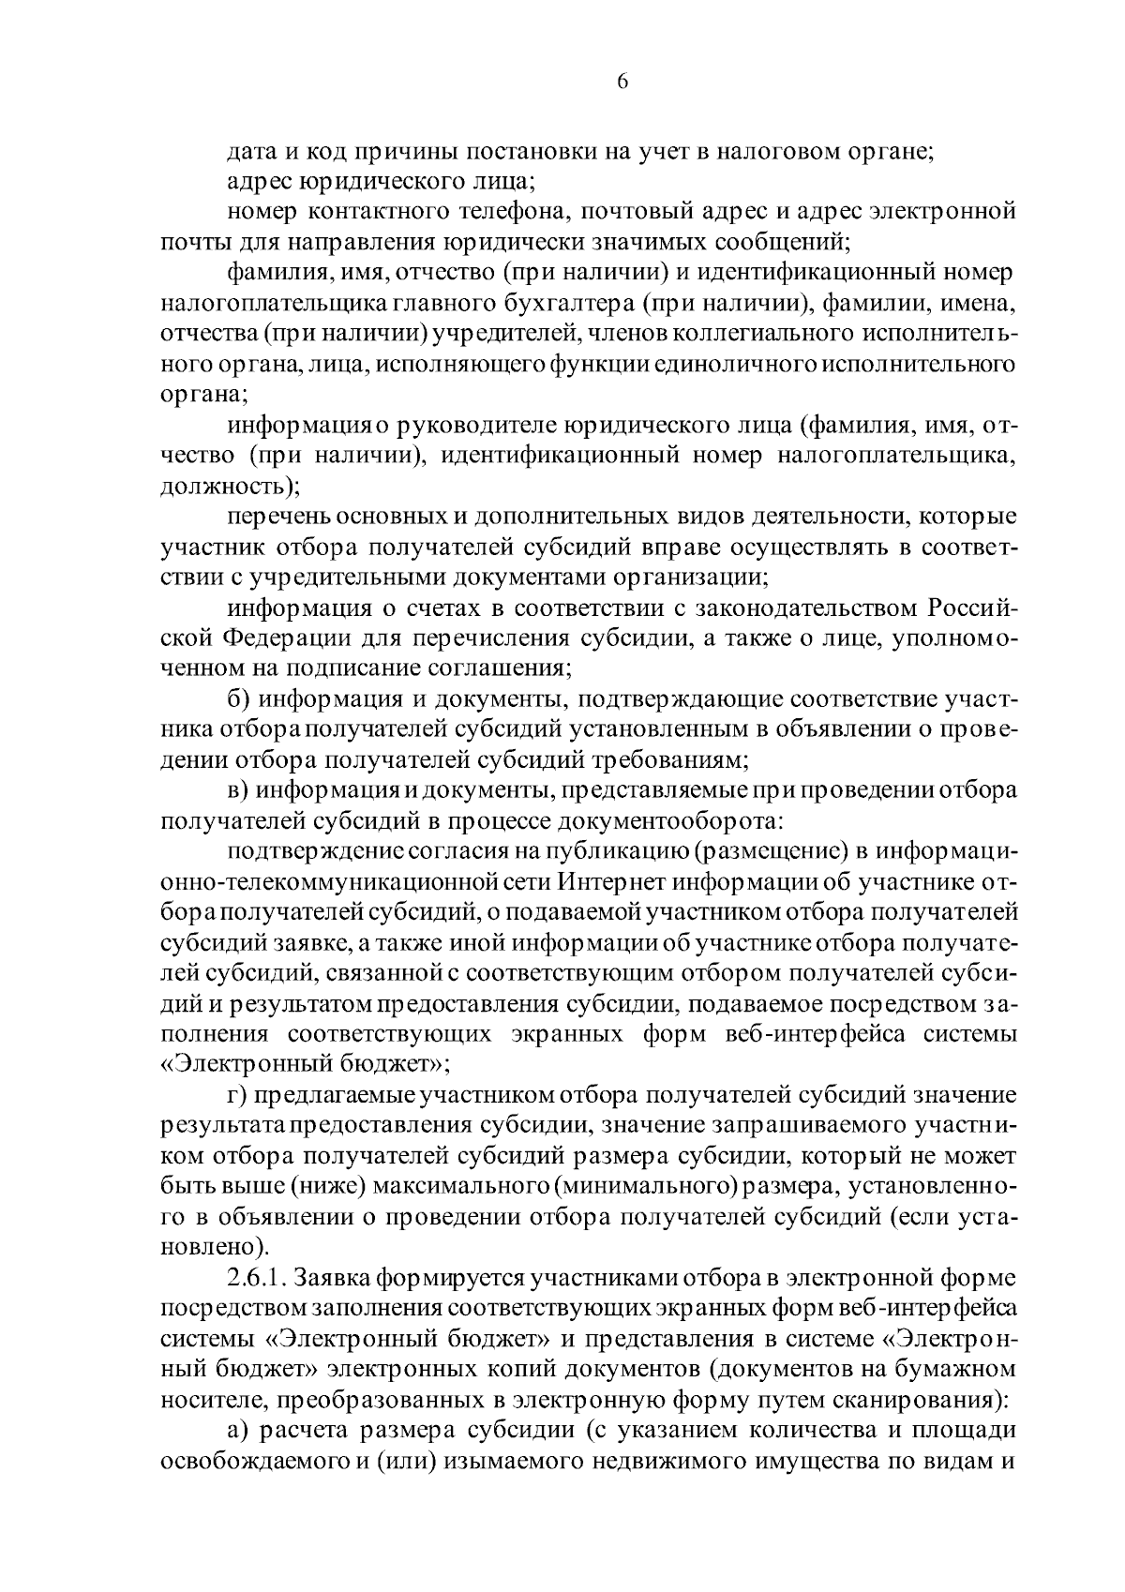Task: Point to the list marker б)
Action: coord(238,700)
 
